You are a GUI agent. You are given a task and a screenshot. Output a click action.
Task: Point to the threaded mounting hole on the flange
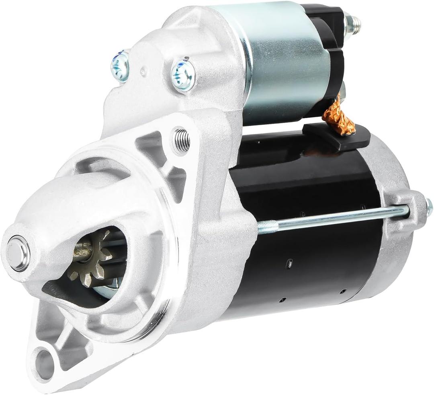(x=181, y=140)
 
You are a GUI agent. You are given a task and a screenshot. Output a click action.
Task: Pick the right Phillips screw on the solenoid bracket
(x=183, y=74)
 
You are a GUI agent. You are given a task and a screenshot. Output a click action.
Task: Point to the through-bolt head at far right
(x=429, y=207)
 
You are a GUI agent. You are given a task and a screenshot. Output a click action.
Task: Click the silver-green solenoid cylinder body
(x=285, y=64)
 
